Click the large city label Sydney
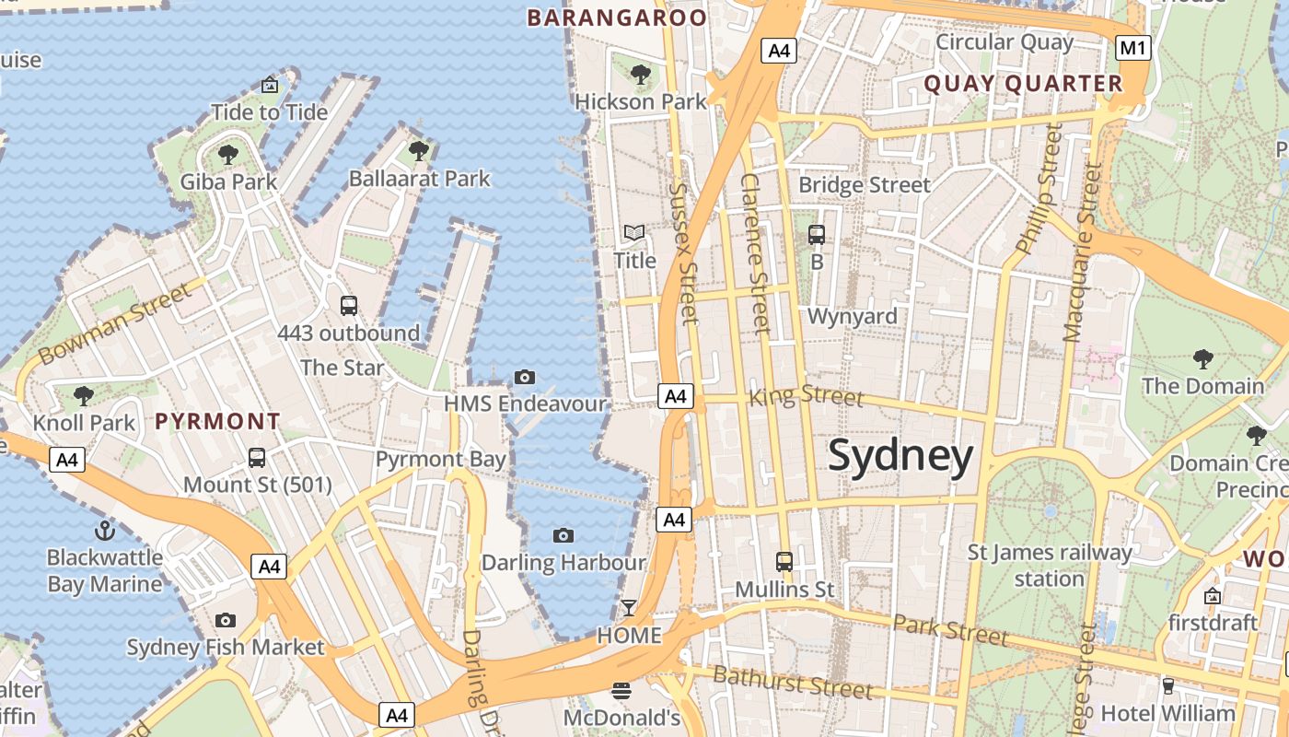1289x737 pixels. coord(900,456)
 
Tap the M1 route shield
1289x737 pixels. coord(1133,48)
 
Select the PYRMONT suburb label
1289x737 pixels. coord(217,422)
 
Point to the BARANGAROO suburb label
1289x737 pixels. coord(617,18)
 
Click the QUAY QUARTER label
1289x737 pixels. coord(1023,84)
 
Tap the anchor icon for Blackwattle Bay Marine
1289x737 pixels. coord(105,531)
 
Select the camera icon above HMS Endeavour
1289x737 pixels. coord(525,377)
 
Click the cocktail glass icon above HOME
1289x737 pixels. coord(629,607)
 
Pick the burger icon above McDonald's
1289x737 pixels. coord(621,690)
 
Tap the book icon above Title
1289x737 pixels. coord(634,233)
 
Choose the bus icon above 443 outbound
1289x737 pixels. coord(348,305)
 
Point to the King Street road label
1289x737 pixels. coord(807,396)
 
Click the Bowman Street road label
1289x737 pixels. coord(115,322)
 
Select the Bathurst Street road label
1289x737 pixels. coord(793,682)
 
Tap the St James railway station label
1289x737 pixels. coord(1050,566)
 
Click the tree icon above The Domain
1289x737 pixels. coord(1202,358)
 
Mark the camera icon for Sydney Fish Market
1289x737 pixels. coord(226,621)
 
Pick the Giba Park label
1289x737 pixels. coord(228,181)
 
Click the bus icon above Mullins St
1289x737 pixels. coord(784,561)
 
